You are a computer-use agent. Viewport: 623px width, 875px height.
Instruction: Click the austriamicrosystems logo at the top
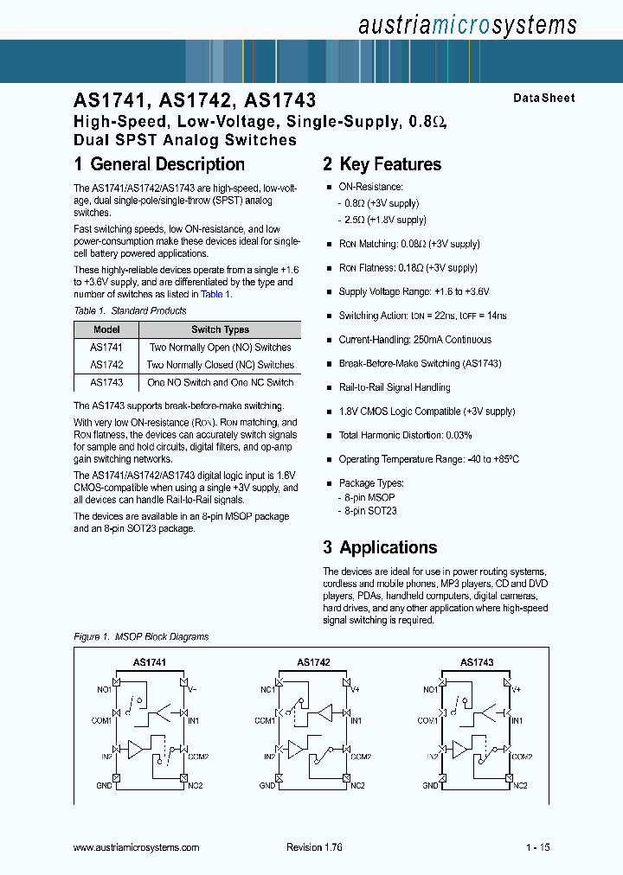point(466,25)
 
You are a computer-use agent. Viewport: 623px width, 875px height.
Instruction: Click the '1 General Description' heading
point(159,164)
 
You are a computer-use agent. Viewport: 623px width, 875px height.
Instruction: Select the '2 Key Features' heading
point(382,164)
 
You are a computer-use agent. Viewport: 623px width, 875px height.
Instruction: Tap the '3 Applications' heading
point(380,547)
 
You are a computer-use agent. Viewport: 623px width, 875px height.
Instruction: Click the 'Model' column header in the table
point(106,329)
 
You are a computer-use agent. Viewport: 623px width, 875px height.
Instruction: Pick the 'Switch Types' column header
point(220,329)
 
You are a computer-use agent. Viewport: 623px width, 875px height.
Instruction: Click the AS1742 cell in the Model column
point(106,365)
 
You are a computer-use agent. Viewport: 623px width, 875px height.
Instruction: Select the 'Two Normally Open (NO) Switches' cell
point(220,348)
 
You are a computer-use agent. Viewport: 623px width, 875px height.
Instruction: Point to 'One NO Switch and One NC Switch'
point(220,382)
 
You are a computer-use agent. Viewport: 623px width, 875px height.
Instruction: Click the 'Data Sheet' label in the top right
point(543,99)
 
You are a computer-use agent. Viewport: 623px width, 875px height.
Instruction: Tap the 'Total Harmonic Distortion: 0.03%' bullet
point(405,436)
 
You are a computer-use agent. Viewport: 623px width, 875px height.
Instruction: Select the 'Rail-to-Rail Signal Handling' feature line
point(394,387)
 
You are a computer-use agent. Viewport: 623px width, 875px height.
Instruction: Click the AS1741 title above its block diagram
point(149,662)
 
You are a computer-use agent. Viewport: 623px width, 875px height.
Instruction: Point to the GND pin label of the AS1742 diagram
point(267,786)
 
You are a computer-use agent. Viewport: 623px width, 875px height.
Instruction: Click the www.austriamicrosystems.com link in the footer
point(137,848)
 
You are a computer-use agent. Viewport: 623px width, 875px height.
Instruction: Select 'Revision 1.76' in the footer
point(314,848)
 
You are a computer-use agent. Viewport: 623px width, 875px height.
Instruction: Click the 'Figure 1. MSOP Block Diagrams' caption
point(141,637)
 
